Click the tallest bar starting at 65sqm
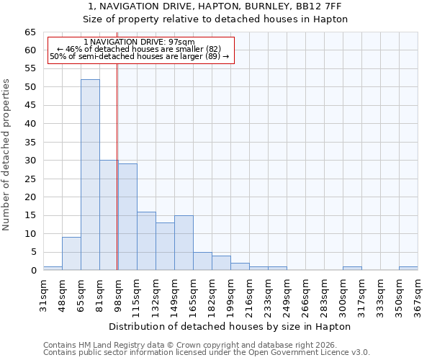pos(90,175)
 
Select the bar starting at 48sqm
pos(71,253)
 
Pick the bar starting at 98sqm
pos(127,217)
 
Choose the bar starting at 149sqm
pos(184,243)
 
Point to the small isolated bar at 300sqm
pos(352,269)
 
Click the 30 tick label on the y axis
pos(30,161)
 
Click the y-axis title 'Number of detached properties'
pos(7,155)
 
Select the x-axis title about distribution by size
pos(230,326)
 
